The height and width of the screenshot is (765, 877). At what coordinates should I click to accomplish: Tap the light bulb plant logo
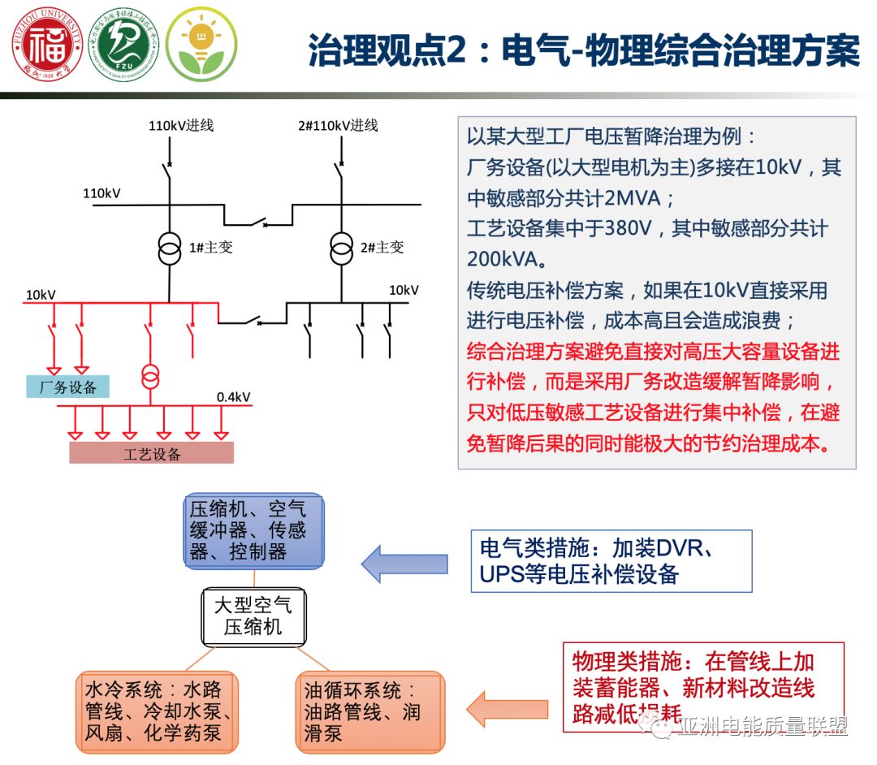pyautogui.click(x=201, y=44)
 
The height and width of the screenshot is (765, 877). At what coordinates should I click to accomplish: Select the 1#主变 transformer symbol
pyautogui.click(x=170, y=249)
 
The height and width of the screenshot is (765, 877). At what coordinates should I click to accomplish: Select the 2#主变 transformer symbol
pyautogui.click(x=342, y=249)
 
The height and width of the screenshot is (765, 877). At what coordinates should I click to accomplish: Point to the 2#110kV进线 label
pyautogui.click(x=337, y=125)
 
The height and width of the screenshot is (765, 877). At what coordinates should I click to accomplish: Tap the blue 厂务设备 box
pyautogui.click(x=68, y=387)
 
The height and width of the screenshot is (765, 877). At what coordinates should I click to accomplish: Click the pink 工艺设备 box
pyautogui.click(x=152, y=453)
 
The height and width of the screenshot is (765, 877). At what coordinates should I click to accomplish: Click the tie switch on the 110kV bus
pyautogui.click(x=257, y=221)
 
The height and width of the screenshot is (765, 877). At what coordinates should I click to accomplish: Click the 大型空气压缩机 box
pyautogui.click(x=253, y=616)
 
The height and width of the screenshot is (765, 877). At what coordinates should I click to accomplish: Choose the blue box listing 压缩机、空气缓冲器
pyautogui.click(x=253, y=530)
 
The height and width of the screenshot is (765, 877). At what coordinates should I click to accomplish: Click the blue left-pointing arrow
pyautogui.click(x=404, y=564)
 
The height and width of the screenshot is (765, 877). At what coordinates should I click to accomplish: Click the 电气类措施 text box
pyautogui.click(x=611, y=560)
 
